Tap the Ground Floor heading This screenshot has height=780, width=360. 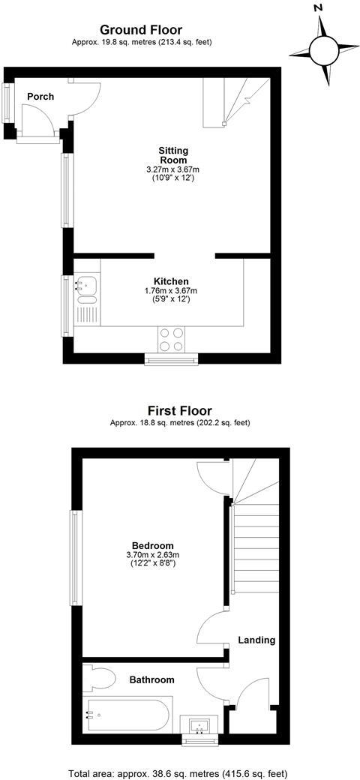[141, 29]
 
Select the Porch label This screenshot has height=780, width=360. [40, 97]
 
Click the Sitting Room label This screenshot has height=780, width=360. [172, 155]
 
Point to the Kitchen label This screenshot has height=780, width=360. [171, 281]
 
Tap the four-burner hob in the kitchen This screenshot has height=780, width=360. [171, 340]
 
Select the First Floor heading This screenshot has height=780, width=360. [180, 410]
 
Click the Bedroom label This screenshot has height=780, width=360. [153, 545]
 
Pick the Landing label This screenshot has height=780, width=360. [256, 640]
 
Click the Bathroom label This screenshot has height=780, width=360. [152, 679]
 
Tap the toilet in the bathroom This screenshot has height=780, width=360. [100, 679]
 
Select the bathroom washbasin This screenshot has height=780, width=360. [200, 724]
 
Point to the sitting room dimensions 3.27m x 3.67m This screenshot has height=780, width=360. [172, 170]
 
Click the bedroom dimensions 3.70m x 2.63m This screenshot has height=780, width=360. [153, 555]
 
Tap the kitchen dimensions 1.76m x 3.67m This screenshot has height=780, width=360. [171, 291]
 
